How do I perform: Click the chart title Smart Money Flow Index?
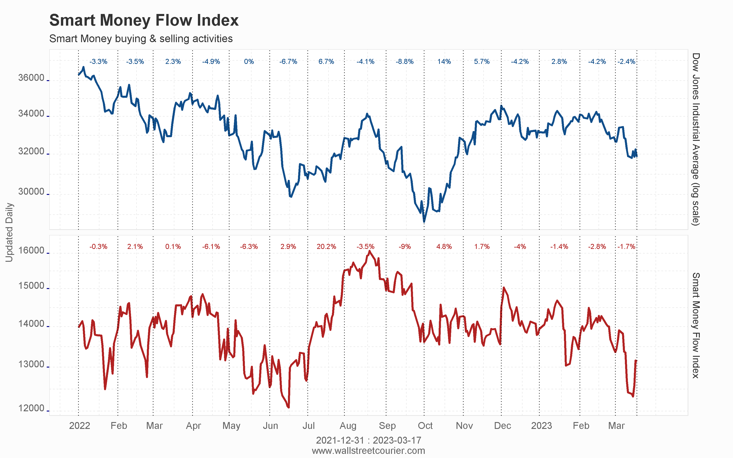coord(144,20)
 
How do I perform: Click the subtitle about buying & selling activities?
coord(141,39)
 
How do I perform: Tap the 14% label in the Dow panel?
coord(444,62)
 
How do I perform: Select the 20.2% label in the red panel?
coord(326,247)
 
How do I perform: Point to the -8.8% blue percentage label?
coord(404,62)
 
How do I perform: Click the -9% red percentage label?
coord(405,247)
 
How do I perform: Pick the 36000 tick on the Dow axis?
coord(31,78)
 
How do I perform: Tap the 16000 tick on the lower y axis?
coord(31,251)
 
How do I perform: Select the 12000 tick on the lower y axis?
coord(31,408)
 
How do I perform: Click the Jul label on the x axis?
coord(308,425)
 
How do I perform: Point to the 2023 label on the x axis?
coord(541,425)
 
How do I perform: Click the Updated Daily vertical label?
coord(9,232)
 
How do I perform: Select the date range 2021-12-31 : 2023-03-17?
coord(368,440)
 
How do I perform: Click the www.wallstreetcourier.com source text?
coord(368,451)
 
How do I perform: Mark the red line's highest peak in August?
coord(369,251)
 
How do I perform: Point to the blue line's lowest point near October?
coord(424,222)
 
